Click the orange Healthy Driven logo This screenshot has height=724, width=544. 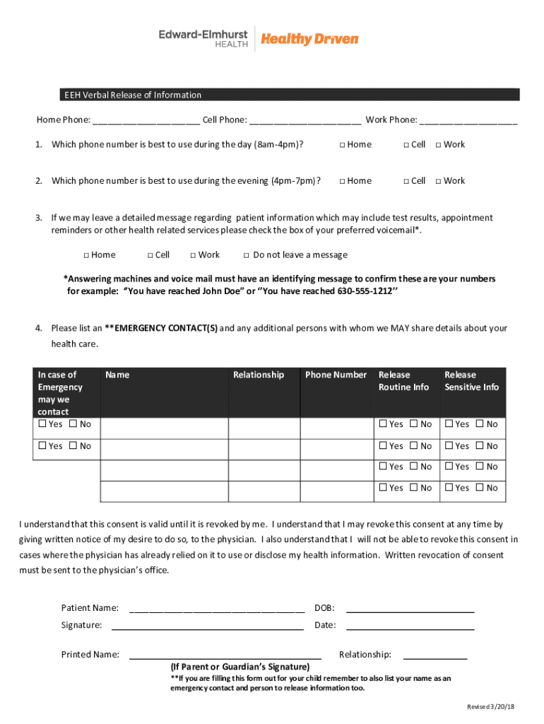point(309,40)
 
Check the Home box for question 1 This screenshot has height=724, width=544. point(342,145)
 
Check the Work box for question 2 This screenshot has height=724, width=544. point(439,181)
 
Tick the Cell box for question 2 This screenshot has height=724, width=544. point(406,181)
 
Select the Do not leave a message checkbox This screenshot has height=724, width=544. point(246,255)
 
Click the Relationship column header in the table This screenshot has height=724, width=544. point(259,375)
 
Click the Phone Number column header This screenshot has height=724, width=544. point(336,375)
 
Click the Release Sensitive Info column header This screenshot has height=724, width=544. point(471,380)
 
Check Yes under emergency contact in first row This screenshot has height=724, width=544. point(42,424)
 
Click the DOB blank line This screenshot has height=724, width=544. point(410,608)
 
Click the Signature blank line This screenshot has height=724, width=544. point(208,626)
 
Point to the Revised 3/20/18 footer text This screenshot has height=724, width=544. point(490,708)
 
